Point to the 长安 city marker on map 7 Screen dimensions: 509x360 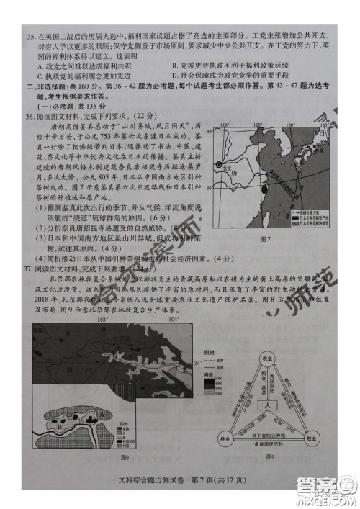[x=228, y=163]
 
